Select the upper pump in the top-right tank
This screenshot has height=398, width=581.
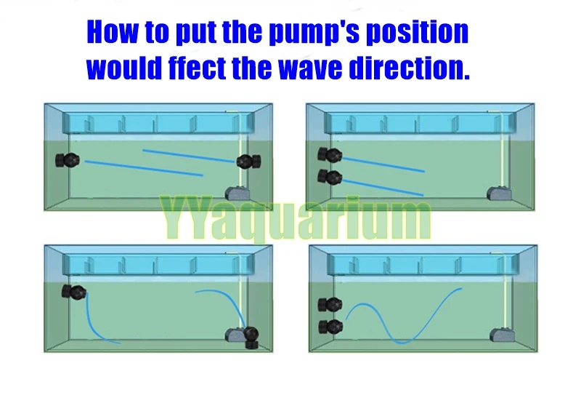pos(329,154)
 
